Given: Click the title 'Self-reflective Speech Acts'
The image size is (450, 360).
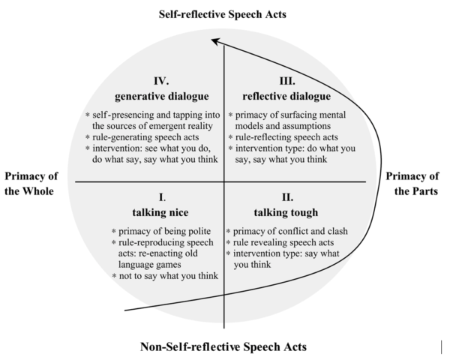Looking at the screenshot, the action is point(223,14).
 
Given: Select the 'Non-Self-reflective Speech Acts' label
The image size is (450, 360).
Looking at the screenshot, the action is point(223,346).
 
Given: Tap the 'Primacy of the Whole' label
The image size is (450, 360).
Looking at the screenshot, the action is point(31,184).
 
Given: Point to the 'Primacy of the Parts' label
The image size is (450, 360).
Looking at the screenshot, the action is point(412,184).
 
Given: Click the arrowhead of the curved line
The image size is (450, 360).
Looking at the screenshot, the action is point(215,42).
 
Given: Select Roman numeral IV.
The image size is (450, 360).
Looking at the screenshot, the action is point(161,81).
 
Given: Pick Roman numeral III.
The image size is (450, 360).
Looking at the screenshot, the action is point(287,81).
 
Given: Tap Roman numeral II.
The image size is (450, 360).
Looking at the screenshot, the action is point(287,197).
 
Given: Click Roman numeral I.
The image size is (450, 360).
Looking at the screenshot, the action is point(162,197).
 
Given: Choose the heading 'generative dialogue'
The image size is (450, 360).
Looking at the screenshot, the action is point(161,96).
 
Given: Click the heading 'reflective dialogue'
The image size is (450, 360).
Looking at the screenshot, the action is point(286,96).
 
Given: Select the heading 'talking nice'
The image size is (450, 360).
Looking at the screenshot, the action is point(160,212).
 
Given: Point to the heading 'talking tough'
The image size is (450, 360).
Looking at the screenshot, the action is point(286,212).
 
